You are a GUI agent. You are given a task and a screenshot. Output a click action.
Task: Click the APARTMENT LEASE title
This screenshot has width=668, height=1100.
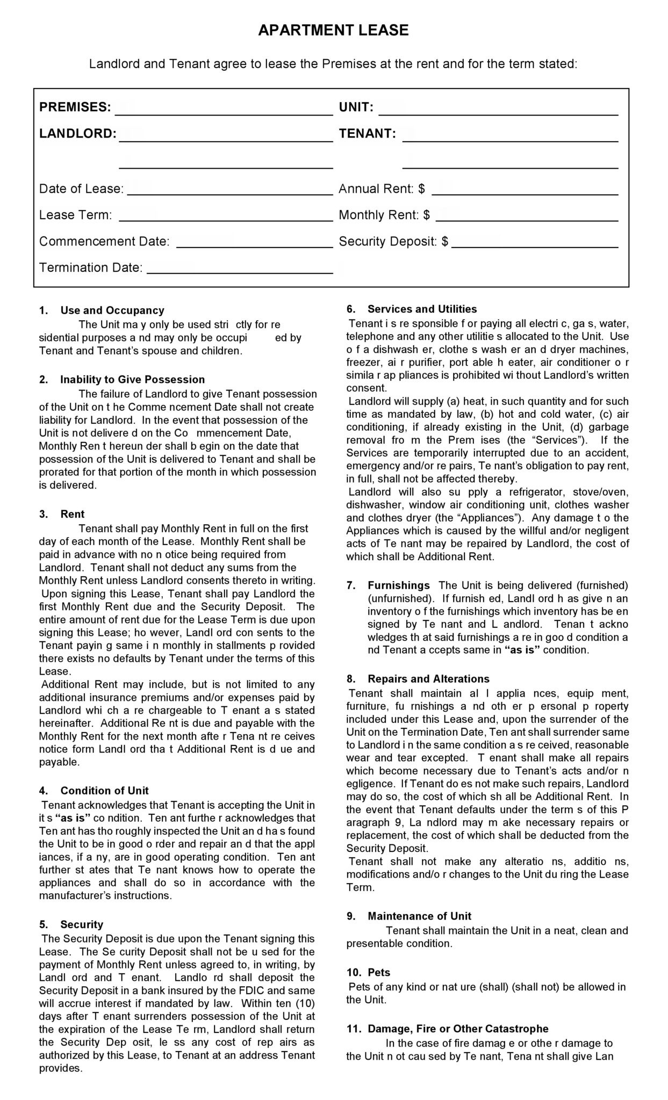coord(333,31)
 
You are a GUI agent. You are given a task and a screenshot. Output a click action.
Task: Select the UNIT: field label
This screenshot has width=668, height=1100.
coord(356,107)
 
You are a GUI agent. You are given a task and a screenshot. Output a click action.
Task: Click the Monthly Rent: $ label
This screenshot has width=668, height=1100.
coord(384,215)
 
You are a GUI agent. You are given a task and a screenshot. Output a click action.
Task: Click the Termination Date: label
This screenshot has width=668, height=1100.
coord(91,267)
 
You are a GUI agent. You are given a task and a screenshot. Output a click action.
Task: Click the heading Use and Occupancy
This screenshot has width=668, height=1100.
coord(112,310)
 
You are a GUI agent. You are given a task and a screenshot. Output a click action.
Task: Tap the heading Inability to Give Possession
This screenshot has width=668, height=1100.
coord(132,380)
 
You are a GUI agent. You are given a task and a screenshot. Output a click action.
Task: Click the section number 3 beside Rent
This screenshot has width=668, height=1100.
coord(43,514)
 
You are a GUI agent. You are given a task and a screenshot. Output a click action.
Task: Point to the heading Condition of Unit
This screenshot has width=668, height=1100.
coord(104,791)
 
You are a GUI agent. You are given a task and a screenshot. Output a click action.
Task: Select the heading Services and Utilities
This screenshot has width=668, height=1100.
coord(422,309)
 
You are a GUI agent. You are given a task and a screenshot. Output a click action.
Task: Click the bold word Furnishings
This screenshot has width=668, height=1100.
coord(398,585)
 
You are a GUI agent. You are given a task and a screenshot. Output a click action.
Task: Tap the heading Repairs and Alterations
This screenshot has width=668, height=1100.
coord(428,679)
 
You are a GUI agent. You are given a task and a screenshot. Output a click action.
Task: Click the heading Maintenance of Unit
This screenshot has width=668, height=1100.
coord(419,916)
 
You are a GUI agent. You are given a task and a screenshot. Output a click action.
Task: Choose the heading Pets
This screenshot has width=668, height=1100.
coord(379,973)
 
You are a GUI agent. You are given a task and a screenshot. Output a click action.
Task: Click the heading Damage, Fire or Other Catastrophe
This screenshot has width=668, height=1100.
coord(458,1029)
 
